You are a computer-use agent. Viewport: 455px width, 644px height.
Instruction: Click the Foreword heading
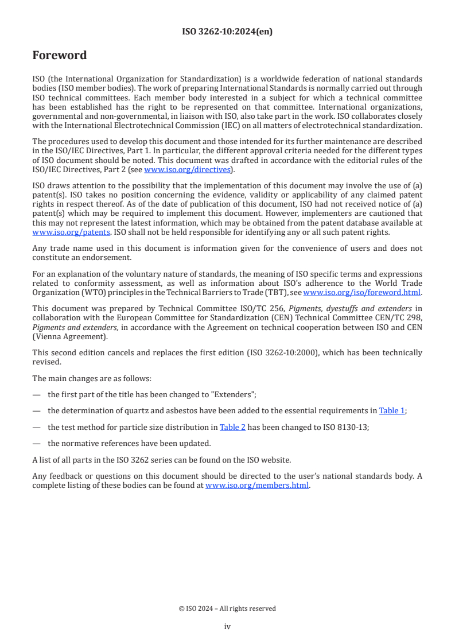60,56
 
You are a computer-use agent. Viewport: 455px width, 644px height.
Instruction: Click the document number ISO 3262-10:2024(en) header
227,32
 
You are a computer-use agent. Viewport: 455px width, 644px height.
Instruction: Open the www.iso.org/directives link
187,169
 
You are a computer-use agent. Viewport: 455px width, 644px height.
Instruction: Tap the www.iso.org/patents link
56,232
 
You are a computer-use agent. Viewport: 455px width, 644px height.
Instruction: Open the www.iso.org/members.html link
257,485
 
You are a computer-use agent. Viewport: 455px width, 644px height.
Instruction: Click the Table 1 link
392,411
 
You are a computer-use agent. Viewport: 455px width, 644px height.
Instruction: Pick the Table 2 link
232,427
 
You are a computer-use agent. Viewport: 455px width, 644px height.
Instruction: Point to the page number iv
227,626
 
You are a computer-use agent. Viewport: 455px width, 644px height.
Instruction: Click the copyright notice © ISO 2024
227,608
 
